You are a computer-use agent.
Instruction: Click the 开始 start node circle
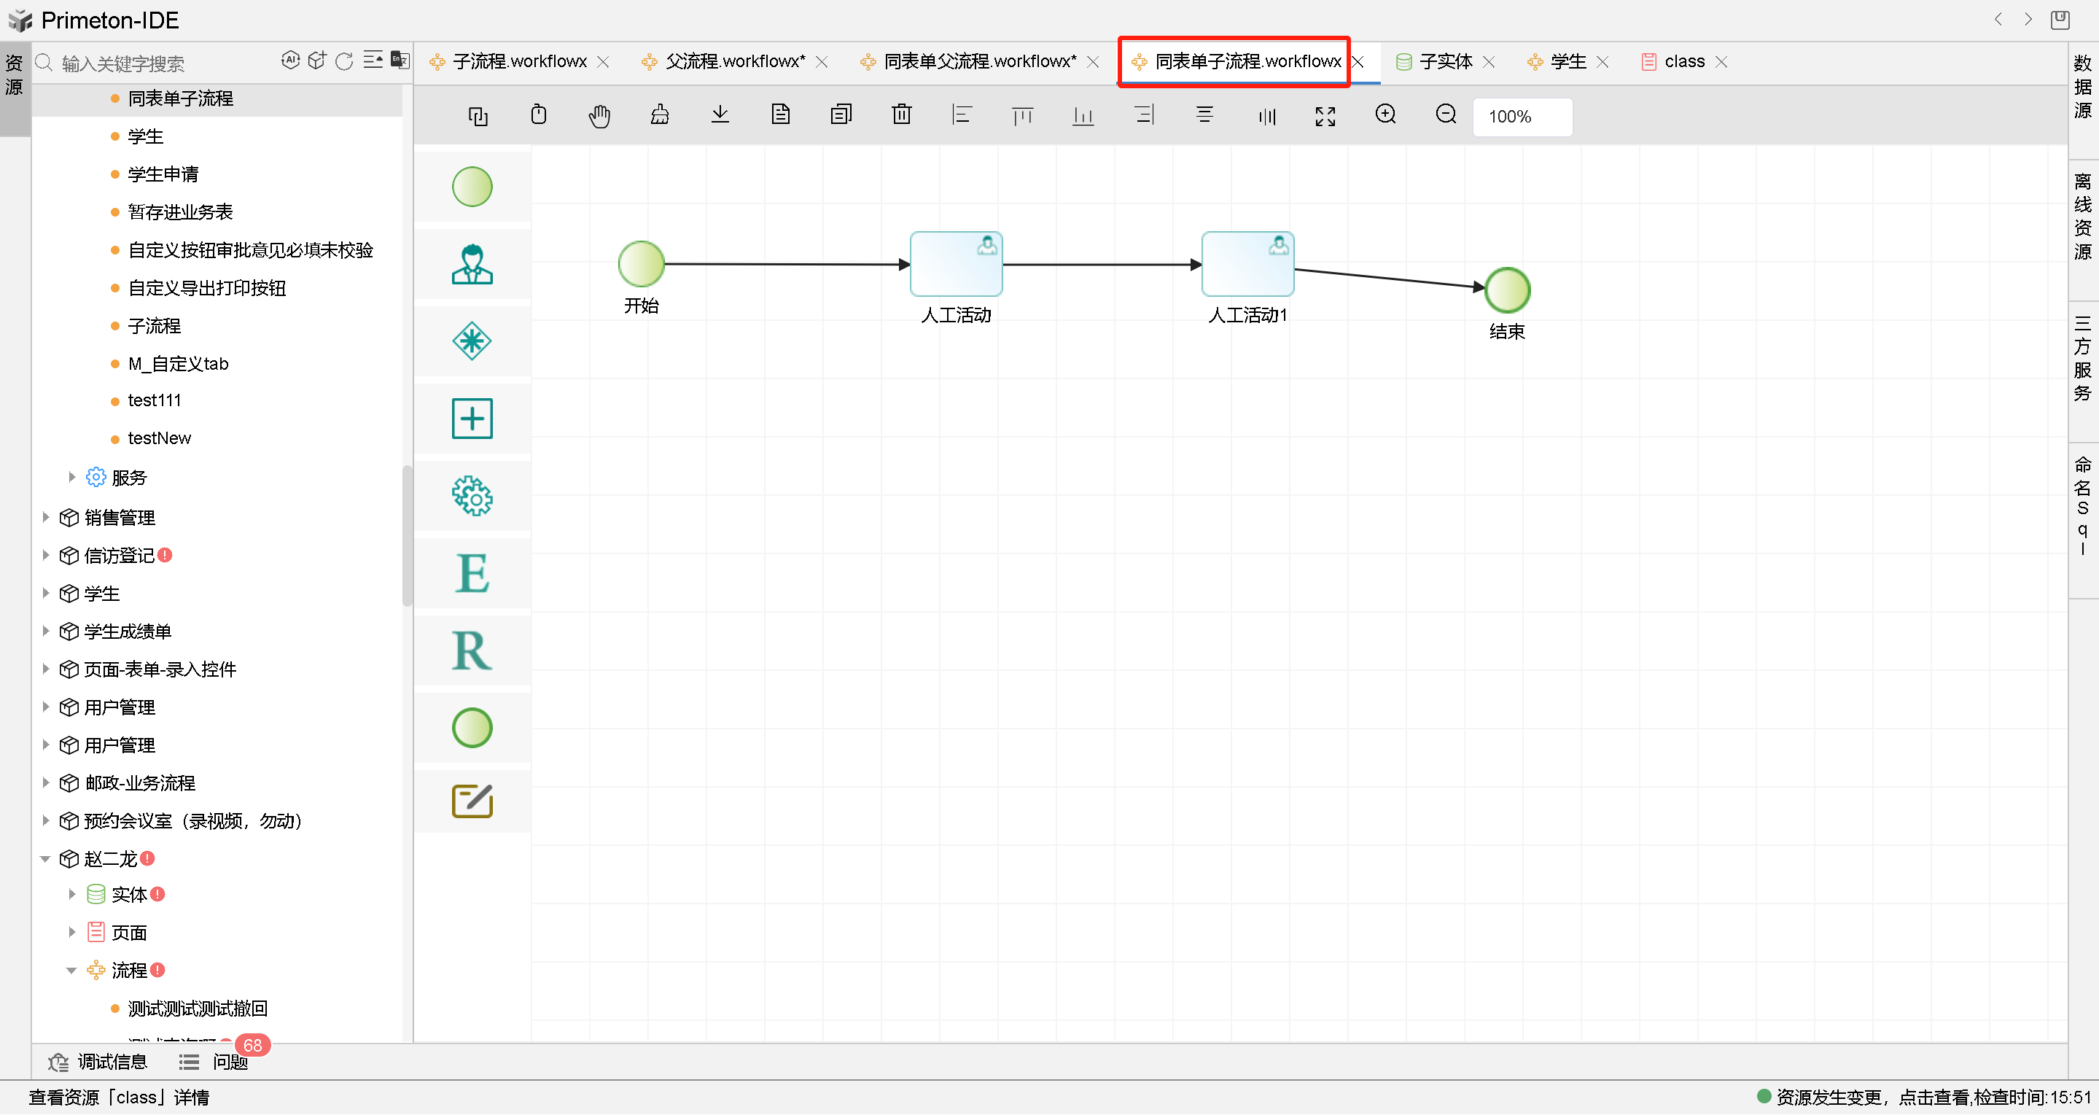[642, 264]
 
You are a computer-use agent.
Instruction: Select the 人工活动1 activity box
[1247, 264]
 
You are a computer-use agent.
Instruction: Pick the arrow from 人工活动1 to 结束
[1390, 278]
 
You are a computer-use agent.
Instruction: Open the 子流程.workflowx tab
[519, 61]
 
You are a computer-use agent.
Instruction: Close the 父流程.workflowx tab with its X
[822, 62]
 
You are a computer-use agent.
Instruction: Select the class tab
[1683, 61]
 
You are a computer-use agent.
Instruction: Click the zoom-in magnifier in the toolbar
[1385, 115]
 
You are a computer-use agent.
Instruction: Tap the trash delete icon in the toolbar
[901, 115]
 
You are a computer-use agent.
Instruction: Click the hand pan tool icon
[599, 116]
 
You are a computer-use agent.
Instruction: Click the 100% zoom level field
[1522, 117]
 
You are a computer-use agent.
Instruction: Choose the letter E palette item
[472, 573]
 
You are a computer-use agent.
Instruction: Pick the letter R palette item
[472, 650]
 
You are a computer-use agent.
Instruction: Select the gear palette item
[472, 496]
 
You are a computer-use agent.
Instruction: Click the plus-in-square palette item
[472, 418]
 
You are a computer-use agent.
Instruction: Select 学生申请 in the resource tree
[163, 174]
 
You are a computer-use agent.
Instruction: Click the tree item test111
[154, 400]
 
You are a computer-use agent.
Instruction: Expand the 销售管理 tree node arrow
[46, 517]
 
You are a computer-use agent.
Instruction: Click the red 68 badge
[252, 1045]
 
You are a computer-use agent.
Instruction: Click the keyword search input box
[163, 63]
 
